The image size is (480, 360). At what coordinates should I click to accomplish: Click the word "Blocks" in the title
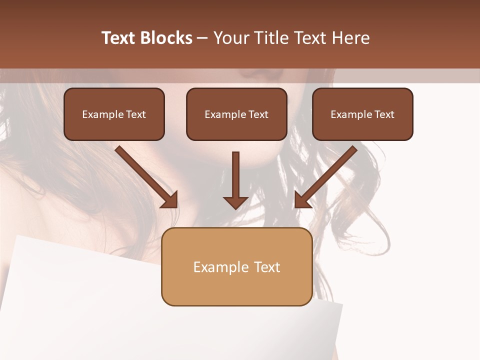coord(166,38)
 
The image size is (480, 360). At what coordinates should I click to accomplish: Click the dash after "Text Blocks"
coord(202,38)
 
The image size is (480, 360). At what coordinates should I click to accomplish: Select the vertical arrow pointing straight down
coord(235,175)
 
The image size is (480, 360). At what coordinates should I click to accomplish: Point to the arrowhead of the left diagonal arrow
coord(170,200)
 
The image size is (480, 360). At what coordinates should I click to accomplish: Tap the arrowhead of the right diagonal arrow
coord(301,200)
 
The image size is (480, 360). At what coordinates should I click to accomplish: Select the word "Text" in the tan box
coord(267,267)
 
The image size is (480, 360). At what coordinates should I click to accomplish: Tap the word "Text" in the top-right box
coord(384,114)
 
